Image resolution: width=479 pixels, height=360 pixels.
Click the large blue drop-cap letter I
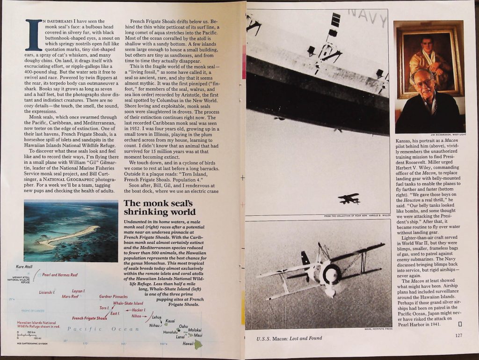[34, 35]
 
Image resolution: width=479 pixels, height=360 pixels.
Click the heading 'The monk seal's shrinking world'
[160, 207]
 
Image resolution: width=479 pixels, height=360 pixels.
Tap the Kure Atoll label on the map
[24, 266]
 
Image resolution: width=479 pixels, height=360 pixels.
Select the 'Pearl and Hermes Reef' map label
[60, 275]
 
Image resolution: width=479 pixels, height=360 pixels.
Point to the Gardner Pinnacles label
[113, 296]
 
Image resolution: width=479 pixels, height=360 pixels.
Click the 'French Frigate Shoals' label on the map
[89, 318]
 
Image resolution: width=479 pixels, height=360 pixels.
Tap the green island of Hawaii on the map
[198, 344]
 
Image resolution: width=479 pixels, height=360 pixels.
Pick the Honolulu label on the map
[170, 332]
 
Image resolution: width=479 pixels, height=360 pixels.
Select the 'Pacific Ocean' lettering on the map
[103, 329]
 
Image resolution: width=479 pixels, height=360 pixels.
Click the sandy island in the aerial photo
[70, 235]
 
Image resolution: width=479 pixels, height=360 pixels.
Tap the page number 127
[458, 335]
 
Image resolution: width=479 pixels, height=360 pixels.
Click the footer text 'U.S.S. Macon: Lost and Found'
[289, 338]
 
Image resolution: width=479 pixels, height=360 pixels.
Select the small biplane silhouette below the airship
[349, 198]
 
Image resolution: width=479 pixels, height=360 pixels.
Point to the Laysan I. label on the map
[78, 291]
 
